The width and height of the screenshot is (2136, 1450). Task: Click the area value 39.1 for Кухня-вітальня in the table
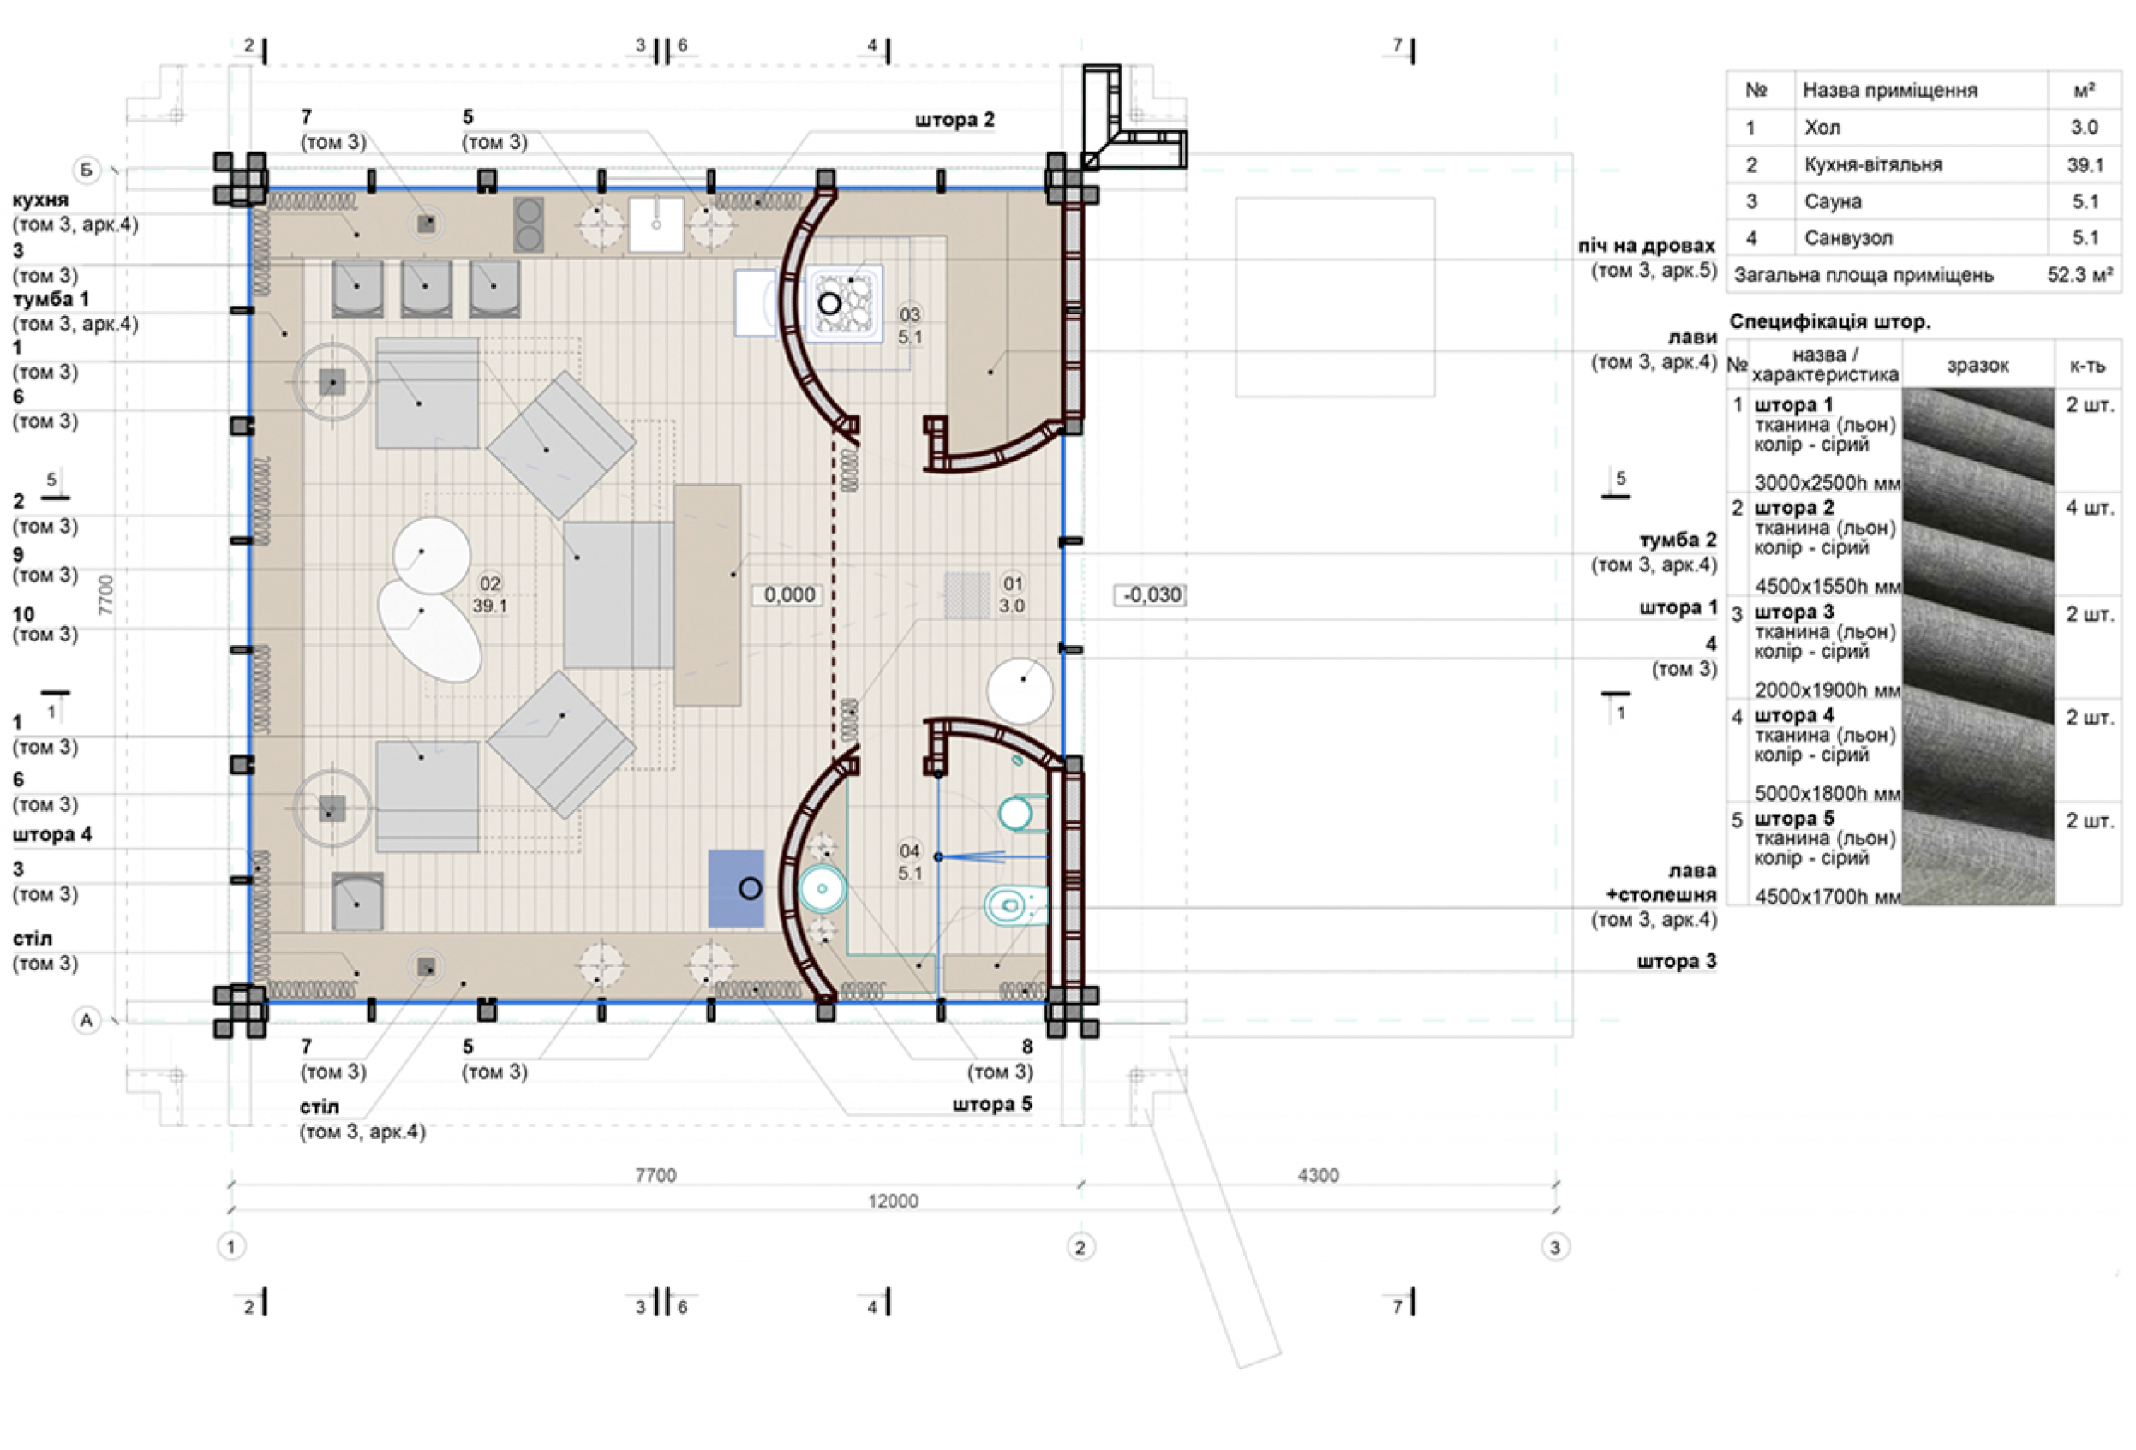(2085, 165)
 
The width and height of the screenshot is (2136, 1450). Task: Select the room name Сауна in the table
(1834, 202)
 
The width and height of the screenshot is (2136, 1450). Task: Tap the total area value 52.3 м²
(2080, 275)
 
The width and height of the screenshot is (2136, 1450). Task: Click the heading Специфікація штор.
(1830, 322)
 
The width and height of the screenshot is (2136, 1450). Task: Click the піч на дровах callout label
(1647, 245)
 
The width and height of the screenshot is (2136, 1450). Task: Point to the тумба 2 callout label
(1678, 540)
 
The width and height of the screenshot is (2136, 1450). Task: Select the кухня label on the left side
(40, 200)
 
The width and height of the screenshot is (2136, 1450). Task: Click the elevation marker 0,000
(789, 594)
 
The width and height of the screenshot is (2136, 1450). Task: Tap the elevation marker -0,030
(1151, 594)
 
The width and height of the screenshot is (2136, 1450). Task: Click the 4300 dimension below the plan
(1318, 1175)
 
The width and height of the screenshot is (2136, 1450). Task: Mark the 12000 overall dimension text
(894, 1201)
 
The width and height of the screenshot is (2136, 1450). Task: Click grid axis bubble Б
(87, 170)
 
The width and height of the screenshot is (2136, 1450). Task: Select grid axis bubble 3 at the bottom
(1555, 1247)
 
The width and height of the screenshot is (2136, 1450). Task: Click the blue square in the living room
(736, 887)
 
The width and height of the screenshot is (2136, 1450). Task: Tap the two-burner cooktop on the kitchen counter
(529, 224)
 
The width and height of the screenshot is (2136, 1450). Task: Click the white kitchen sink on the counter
(656, 224)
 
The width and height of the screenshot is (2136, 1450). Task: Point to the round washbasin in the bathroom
(822, 888)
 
